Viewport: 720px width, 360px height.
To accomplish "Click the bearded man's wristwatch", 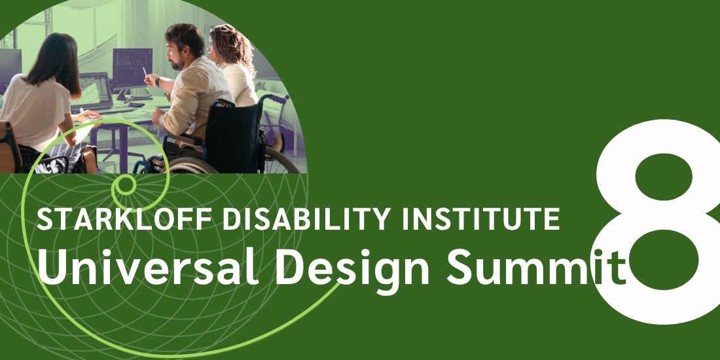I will pyautogui.click(x=157, y=82).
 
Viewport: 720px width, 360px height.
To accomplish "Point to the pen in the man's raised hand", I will pyautogui.click(x=145, y=71).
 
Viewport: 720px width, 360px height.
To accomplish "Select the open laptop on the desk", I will pyautogui.click(x=96, y=90).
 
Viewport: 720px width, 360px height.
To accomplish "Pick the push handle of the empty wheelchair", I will pyautogui.click(x=283, y=98).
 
